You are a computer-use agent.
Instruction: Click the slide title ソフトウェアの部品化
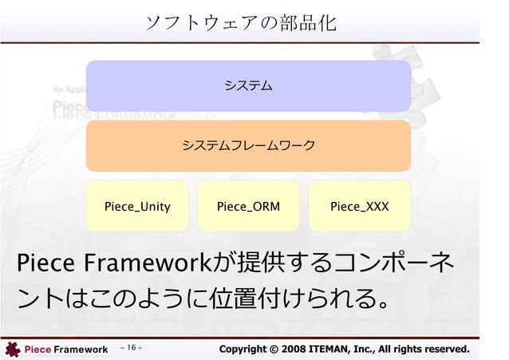[x=240, y=22]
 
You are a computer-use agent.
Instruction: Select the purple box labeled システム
[x=248, y=85]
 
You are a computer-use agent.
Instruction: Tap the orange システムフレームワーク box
[x=248, y=145]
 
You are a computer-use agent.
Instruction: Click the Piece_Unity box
[x=137, y=206]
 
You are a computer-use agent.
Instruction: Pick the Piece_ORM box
[x=248, y=206]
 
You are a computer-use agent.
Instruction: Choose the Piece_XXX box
[x=359, y=206]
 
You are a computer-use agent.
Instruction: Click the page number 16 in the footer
[x=132, y=348]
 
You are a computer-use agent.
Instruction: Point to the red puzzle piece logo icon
[x=12, y=349]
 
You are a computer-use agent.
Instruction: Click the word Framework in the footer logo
[x=80, y=350]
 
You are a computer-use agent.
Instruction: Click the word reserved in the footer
[x=444, y=349]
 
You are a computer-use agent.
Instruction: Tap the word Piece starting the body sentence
[x=42, y=263]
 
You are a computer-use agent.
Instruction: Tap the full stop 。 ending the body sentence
[x=383, y=303]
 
